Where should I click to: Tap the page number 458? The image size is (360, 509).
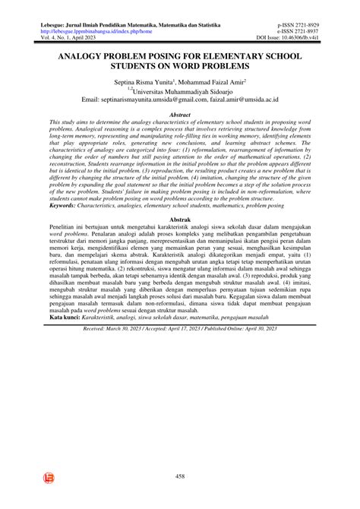point(180,476)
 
